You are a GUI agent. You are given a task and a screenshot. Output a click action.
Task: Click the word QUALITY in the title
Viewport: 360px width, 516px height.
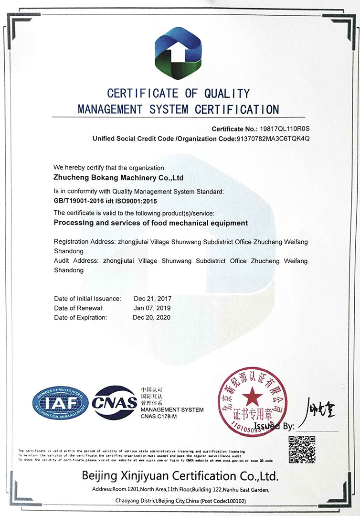pyautogui.click(x=227, y=93)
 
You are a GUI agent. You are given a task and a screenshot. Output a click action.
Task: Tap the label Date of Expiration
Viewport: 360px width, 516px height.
pyautogui.click(x=81, y=317)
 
